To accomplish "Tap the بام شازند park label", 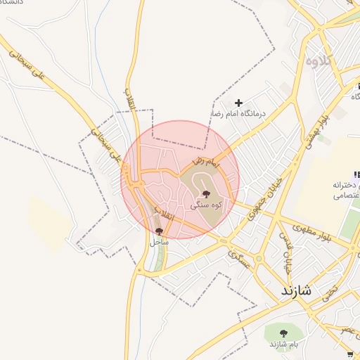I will [283, 345].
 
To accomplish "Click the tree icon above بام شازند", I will [283, 333].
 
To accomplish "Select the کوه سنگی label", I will [206, 205].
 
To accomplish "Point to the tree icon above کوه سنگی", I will [206, 194].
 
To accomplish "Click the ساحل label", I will [159, 241].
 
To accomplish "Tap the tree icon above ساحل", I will [159, 230].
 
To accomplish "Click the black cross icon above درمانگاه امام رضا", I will [238, 103].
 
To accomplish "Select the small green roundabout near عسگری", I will [259, 258].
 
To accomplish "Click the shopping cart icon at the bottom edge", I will [350, 354].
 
